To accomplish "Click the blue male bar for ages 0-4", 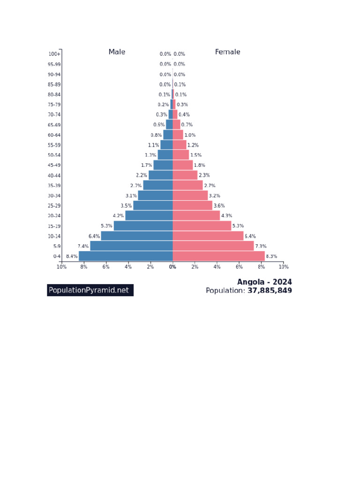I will [x=126, y=256].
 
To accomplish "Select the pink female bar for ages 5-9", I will [x=213, y=246].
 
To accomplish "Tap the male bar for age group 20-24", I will [x=149, y=216].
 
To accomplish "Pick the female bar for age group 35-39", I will [x=187, y=186].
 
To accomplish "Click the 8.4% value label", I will [x=72, y=256].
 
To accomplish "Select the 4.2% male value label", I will [x=118, y=216].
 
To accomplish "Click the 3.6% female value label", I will [x=219, y=206].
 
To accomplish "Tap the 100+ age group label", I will [x=54, y=54].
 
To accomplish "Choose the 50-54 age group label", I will [x=54, y=155].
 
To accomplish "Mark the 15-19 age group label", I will [x=54, y=226].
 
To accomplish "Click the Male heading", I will [x=117, y=52].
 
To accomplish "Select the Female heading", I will [x=227, y=52].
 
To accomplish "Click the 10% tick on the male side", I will [x=61, y=267].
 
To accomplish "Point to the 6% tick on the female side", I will [x=239, y=267].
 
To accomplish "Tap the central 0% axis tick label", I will [x=172, y=267].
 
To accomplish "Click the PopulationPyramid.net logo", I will [x=90, y=290].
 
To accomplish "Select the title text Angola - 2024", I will [x=264, y=282].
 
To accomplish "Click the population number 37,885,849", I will [x=270, y=291].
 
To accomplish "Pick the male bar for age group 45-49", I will [x=163, y=165].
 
